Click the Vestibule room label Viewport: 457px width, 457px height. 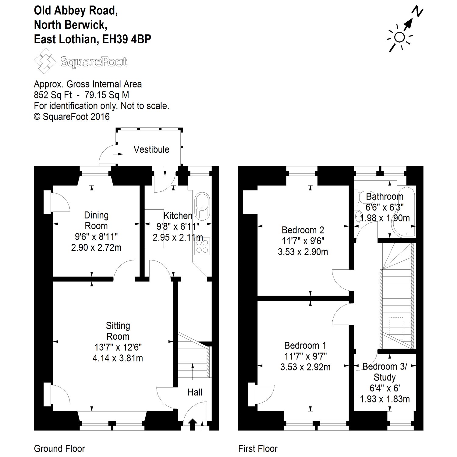coord(151,150)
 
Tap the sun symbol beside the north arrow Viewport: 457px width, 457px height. coord(399,37)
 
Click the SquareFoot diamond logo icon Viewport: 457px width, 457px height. coord(45,62)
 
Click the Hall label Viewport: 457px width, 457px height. coord(195,392)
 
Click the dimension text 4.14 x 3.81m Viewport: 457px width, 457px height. coord(118,358)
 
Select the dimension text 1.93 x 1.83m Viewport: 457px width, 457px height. coord(385,399)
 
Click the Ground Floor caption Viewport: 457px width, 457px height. coord(59,448)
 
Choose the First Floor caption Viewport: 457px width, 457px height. coord(258,448)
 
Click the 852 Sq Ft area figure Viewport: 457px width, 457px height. coord(53,95)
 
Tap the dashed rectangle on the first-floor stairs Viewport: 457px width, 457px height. coord(397,328)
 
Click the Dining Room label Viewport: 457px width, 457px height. coord(96,221)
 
